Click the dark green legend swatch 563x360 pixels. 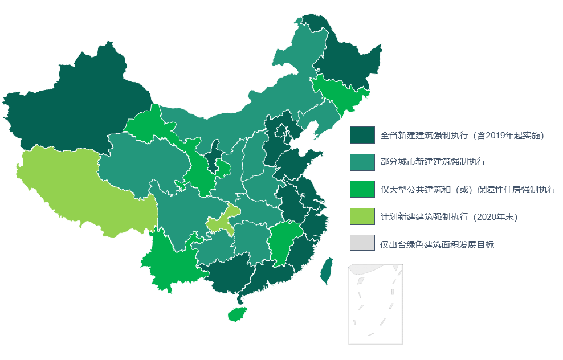click(x=362, y=135)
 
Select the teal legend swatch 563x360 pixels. click(x=362, y=162)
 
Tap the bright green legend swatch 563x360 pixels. click(x=362, y=189)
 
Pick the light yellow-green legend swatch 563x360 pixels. click(x=362, y=216)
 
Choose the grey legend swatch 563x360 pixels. click(x=362, y=243)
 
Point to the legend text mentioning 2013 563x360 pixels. click(x=462, y=136)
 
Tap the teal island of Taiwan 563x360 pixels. click(x=327, y=271)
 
